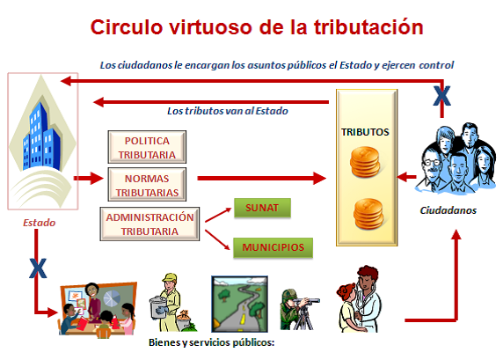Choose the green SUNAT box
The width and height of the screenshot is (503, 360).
262,209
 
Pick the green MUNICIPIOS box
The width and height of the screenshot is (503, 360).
273,246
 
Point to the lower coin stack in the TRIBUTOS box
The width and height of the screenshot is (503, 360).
366,213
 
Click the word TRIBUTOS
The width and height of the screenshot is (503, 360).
365,132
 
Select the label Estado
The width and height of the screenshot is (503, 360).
39,223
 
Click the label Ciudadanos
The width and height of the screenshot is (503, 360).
448,211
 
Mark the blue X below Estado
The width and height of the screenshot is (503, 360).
38,267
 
